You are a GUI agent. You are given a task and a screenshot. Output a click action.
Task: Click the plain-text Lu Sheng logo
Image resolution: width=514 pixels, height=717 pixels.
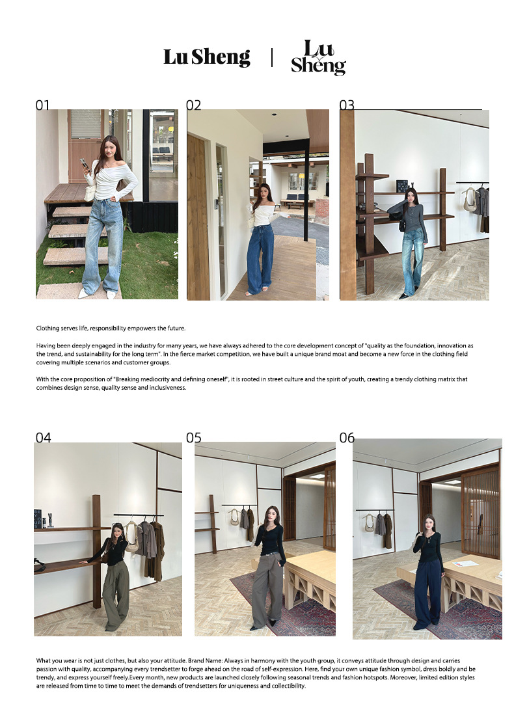point(207,57)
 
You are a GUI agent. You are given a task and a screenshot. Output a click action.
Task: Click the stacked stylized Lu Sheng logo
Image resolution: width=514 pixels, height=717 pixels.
point(318,57)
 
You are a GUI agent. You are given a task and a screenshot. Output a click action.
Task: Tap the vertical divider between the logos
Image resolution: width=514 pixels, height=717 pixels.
point(272,58)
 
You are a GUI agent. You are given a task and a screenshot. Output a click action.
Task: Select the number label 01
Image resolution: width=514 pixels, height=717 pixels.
point(42,105)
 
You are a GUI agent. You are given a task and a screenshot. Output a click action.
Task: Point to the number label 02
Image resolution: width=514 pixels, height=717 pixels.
point(193,105)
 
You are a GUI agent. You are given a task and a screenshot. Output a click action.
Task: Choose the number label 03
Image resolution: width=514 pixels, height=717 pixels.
point(347,105)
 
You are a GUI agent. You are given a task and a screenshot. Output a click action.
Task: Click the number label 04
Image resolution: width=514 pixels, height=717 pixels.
point(43,438)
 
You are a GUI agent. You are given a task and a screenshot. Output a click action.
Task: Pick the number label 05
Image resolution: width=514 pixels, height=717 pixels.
point(193,438)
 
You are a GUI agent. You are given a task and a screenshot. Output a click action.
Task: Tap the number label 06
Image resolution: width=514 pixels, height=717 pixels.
point(347,438)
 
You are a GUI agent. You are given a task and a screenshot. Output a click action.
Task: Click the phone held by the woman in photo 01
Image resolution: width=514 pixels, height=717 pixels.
point(83,163)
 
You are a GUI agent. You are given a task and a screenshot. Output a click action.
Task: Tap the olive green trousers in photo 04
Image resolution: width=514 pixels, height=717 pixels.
point(116,590)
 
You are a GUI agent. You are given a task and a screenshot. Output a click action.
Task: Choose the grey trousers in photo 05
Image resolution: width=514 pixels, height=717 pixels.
point(267,591)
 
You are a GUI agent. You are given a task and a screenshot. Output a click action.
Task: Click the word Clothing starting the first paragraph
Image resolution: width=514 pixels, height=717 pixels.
point(47,329)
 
